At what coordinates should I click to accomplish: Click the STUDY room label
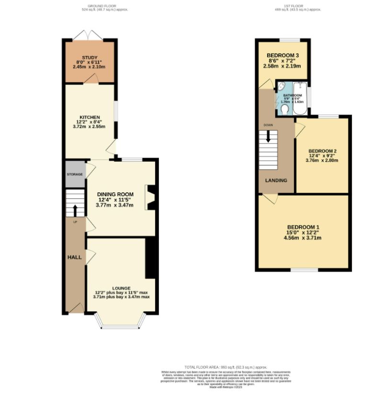[x=90, y=58]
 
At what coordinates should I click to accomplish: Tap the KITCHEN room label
[x=90, y=117]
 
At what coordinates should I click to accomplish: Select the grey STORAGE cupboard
[x=75, y=174]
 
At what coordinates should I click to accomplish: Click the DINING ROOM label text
[x=116, y=194]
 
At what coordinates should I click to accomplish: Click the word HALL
[x=74, y=257]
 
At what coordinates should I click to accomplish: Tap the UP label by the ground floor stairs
[x=75, y=222]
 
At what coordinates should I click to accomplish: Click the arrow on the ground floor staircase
[x=75, y=210]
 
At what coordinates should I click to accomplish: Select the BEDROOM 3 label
[x=282, y=55]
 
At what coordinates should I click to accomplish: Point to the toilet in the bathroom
[x=284, y=110]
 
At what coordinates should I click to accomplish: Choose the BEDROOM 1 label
[x=303, y=227]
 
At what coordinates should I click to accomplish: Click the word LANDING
[x=276, y=181]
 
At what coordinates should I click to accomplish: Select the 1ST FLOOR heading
[x=293, y=6]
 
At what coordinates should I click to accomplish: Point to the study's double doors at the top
[x=90, y=35]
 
